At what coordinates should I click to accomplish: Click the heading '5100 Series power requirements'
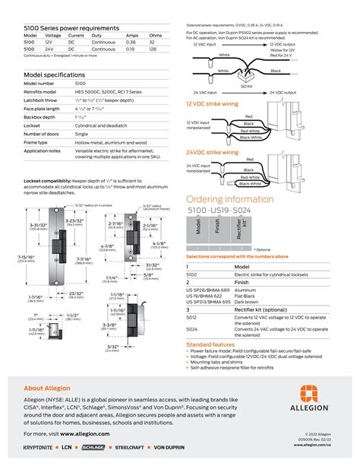[71, 28]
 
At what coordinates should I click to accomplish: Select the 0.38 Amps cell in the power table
[131, 43]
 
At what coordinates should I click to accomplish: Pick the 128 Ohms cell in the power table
[154, 49]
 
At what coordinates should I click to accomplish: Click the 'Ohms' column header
[155, 36]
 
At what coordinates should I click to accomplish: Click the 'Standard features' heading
[210, 322]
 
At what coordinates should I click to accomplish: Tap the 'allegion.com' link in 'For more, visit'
[93, 433]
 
